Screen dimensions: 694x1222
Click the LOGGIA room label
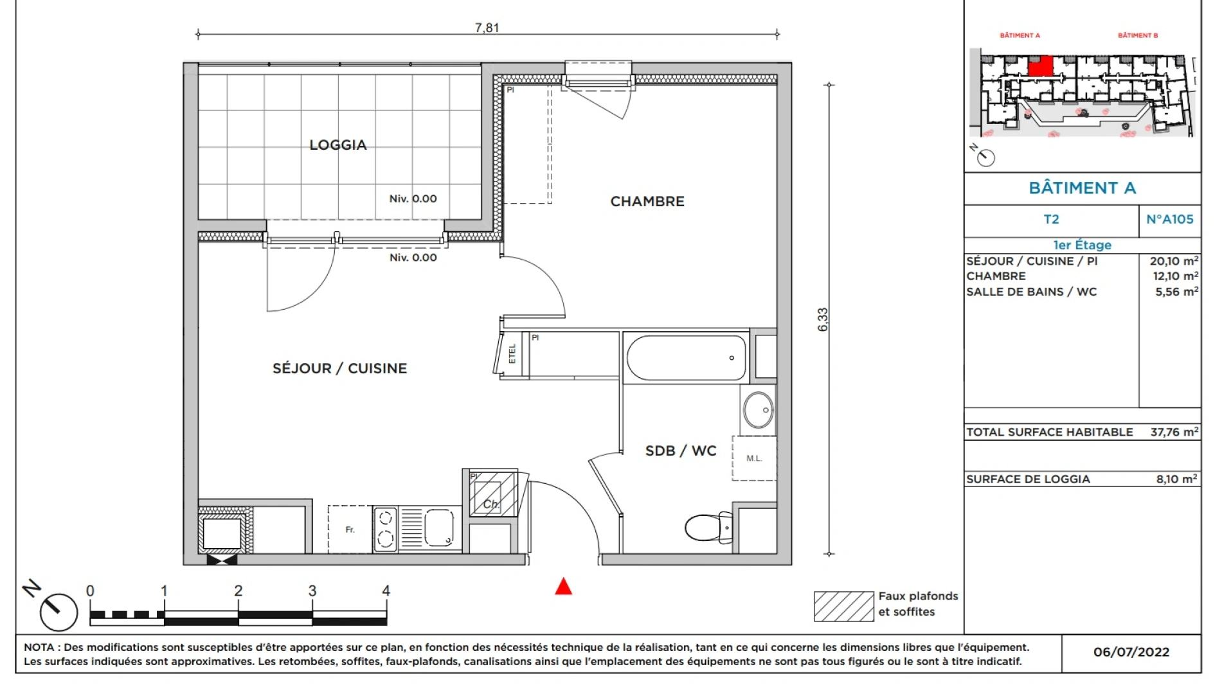point(338,145)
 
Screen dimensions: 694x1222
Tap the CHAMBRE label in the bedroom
point(647,202)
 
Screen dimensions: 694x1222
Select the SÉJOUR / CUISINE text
point(339,369)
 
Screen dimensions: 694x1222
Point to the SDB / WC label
point(680,451)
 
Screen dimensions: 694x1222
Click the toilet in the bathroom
point(708,528)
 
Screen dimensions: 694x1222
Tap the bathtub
point(686,358)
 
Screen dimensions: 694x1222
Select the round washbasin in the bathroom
point(759,410)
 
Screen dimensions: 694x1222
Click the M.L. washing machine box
point(754,458)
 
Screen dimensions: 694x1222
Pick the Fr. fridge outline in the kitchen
point(350,529)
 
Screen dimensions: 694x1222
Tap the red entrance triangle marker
point(564,587)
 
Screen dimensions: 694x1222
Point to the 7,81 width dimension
point(487,28)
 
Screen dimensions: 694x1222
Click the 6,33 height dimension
point(823,319)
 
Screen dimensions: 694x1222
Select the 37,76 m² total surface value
point(1174,432)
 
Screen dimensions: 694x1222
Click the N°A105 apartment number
point(1169,220)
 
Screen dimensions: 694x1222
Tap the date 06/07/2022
point(1131,652)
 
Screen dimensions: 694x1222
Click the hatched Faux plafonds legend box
point(843,607)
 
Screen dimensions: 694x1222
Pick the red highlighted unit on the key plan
point(1040,66)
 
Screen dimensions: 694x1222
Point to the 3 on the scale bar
point(312,591)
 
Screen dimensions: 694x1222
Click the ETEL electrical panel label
point(512,353)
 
